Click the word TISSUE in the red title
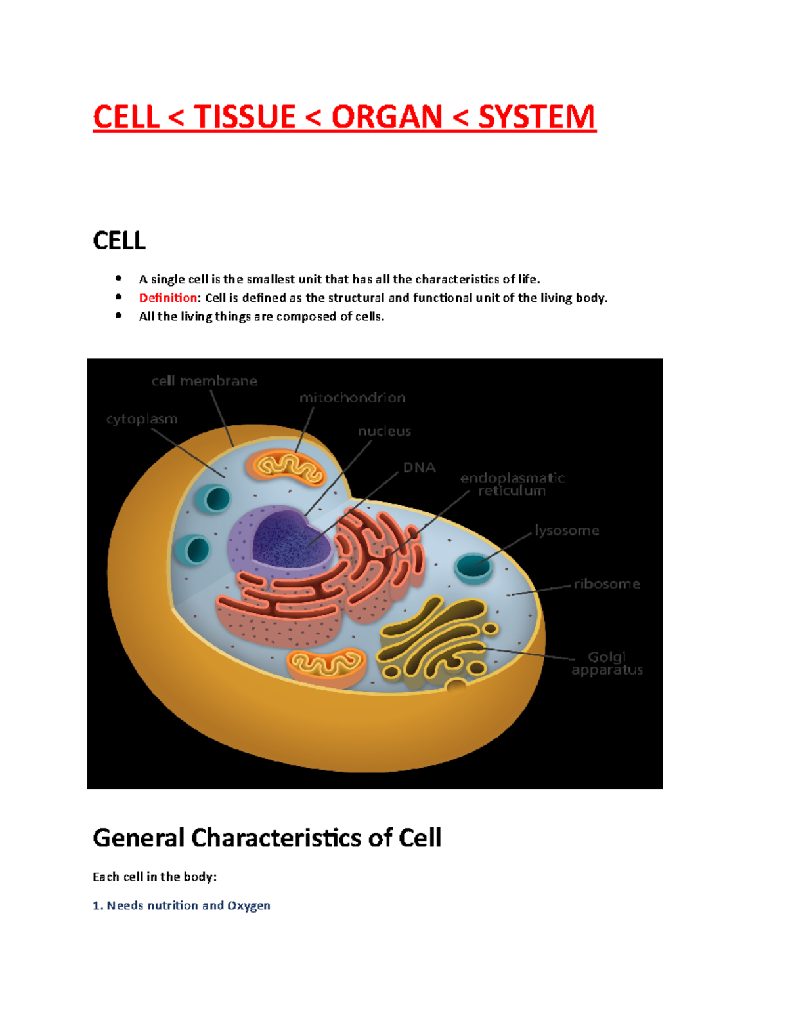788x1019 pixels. tap(244, 117)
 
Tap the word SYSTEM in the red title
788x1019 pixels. tap(536, 117)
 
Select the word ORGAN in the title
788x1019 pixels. tap(387, 117)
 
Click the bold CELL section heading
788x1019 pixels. tap(119, 241)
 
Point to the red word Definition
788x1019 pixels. tap(168, 298)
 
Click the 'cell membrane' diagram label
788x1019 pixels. tap(204, 381)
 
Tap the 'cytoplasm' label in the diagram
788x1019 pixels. tap(142, 419)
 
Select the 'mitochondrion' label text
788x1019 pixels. tap(352, 398)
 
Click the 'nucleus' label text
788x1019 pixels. tap(384, 432)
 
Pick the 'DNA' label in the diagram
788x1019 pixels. tap(419, 468)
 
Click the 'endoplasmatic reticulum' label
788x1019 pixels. tap(512, 484)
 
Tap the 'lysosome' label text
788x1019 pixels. tap(567, 530)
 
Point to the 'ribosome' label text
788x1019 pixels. tap(606, 584)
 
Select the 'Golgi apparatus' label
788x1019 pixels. tap(607, 663)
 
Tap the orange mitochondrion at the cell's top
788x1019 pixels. tap(286, 467)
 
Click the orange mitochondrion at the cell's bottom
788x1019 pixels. tap(326, 666)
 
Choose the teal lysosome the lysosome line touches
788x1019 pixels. tap(473, 567)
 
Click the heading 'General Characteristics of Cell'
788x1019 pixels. tap(267, 838)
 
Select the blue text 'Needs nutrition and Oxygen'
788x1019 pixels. tap(188, 905)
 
